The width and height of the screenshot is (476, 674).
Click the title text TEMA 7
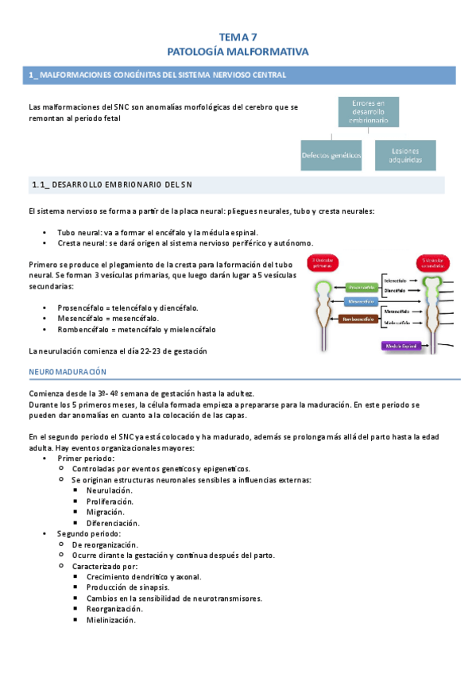tap(238, 37)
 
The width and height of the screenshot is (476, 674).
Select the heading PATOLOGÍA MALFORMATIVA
tap(238, 51)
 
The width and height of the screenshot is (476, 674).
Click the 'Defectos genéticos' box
tap(331, 155)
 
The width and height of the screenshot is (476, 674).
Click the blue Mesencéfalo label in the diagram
tap(361, 301)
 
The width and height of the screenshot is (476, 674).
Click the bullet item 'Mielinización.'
tap(111, 620)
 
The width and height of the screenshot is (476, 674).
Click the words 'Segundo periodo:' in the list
tap(89, 533)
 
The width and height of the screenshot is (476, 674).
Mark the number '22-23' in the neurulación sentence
tap(154, 351)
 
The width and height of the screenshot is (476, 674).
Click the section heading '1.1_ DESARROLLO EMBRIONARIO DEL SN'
tap(112, 184)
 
